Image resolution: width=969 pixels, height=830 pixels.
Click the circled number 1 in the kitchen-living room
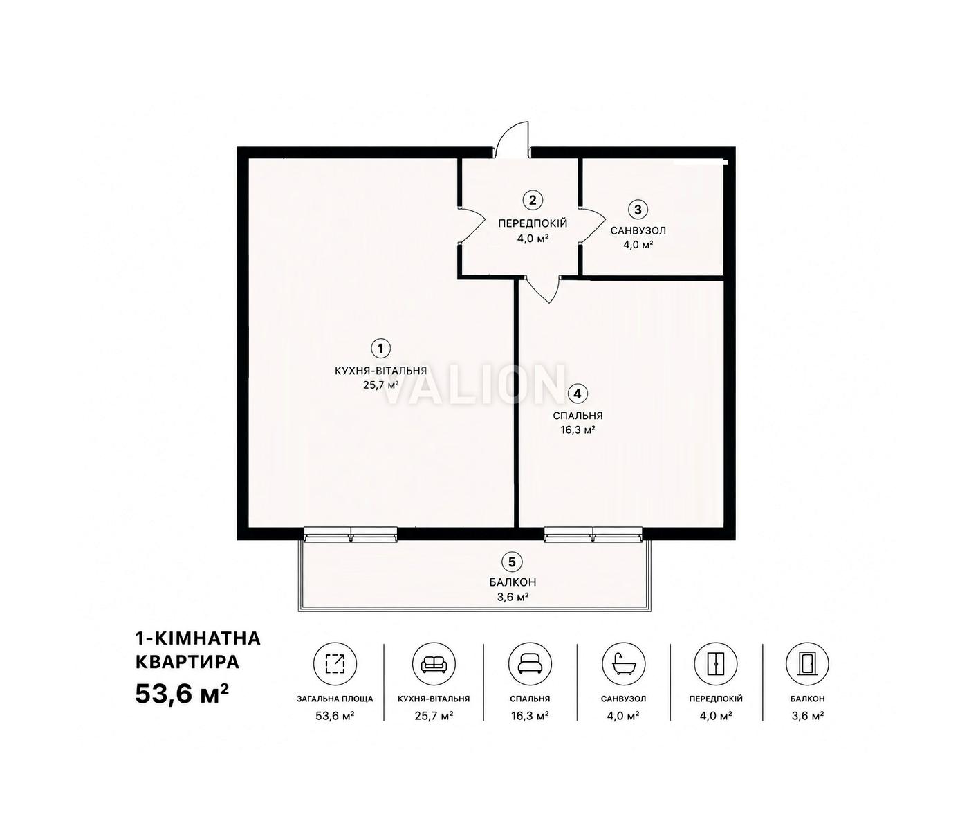[x=380, y=349]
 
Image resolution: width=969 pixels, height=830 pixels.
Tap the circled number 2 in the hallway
[x=532, y=200]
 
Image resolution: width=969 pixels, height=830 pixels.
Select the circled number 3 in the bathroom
[x=638, y=210]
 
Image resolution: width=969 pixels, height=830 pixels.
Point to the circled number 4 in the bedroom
[x=578, y=394]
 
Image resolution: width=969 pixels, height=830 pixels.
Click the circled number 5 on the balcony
[x=511, y=562]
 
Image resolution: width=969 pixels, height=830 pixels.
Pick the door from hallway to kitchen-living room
[x=471, y=225]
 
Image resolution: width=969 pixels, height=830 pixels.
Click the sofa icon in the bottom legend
[x=434, y=664]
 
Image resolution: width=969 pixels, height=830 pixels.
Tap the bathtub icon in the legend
[x=623, y=664]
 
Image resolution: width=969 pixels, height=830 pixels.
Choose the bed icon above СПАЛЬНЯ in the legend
[x=530, y=665]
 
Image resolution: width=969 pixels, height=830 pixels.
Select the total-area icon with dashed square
[x=335, y=664]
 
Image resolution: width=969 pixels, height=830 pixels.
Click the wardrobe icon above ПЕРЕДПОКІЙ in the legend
[x=715, y=664]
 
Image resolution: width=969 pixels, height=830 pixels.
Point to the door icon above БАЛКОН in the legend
[x=807, y=664]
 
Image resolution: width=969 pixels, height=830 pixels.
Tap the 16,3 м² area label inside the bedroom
[x=578, y=430]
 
